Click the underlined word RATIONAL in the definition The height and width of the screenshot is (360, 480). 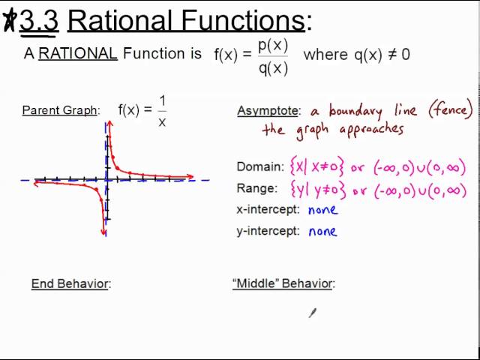[77, 54]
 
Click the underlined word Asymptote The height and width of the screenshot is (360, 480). [268, 111]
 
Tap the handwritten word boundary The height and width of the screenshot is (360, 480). [355, 111]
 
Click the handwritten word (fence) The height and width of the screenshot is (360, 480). [450, 111]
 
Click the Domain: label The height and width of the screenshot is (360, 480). [259, 166]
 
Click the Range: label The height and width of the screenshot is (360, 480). [257, 188]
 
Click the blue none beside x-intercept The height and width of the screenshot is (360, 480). [322, 210]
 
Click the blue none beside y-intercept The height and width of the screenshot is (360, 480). [322, 231]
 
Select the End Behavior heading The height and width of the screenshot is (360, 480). [70, 283]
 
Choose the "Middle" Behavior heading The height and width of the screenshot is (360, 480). [283, 283]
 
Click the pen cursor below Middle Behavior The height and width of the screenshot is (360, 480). [312, 313]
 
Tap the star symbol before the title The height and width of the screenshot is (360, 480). [10, 21]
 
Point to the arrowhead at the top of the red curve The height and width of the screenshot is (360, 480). [109, 124]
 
